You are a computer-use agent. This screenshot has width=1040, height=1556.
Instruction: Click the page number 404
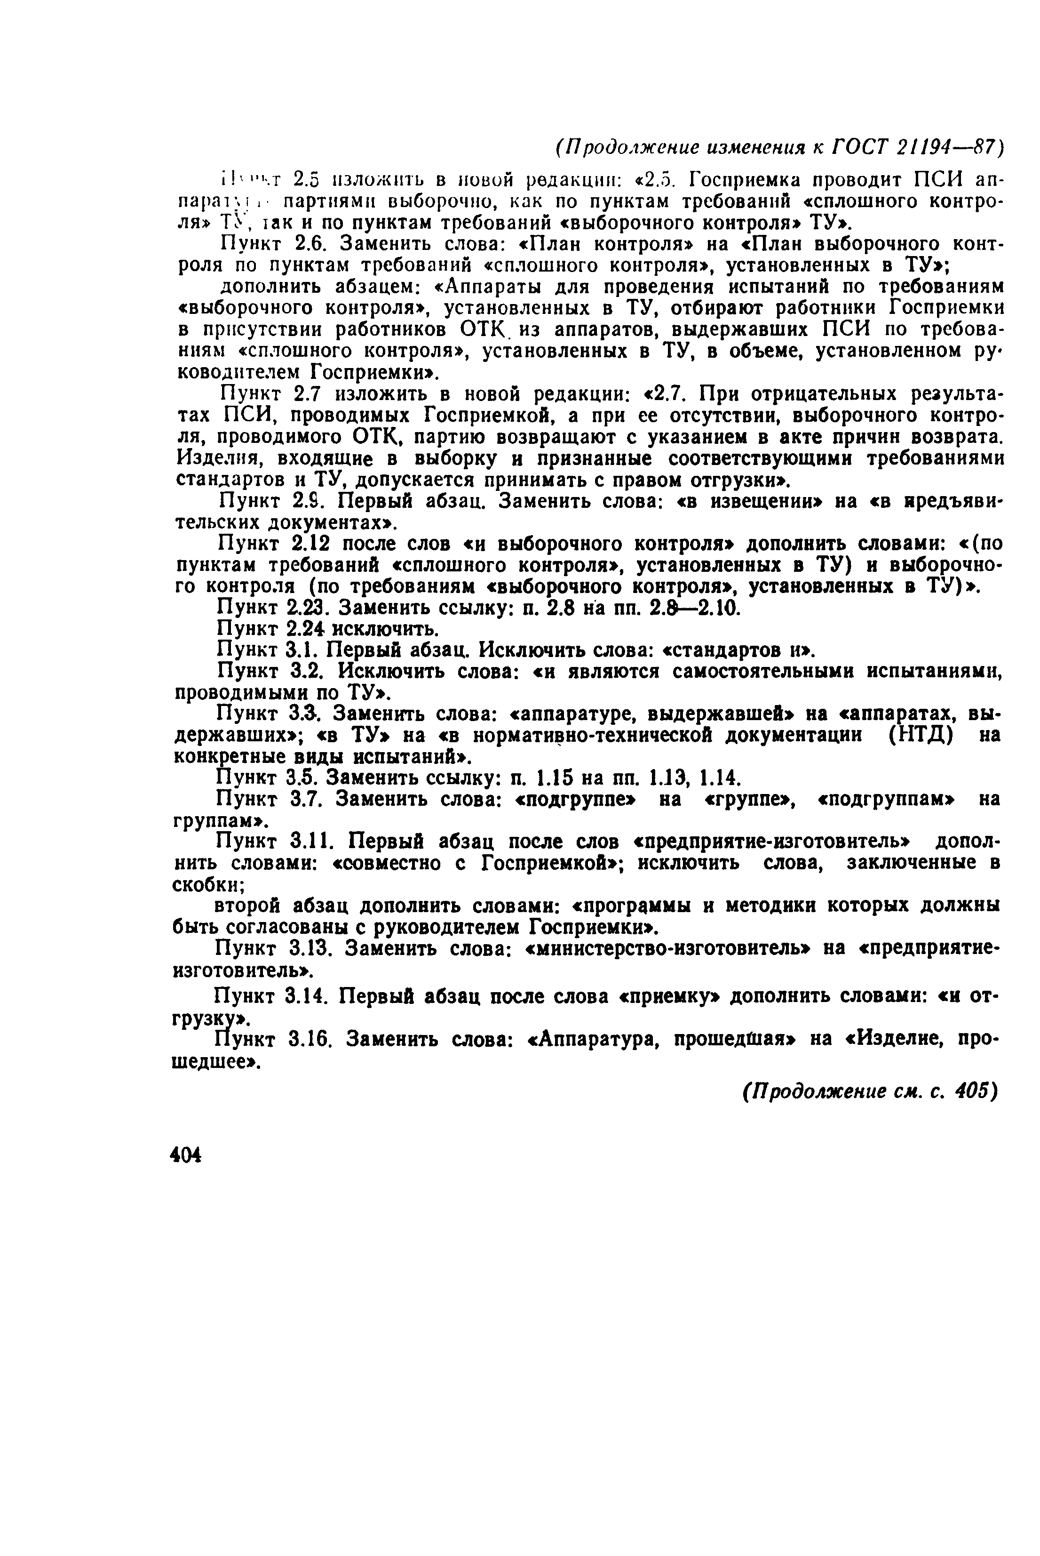tap(186, 1155)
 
